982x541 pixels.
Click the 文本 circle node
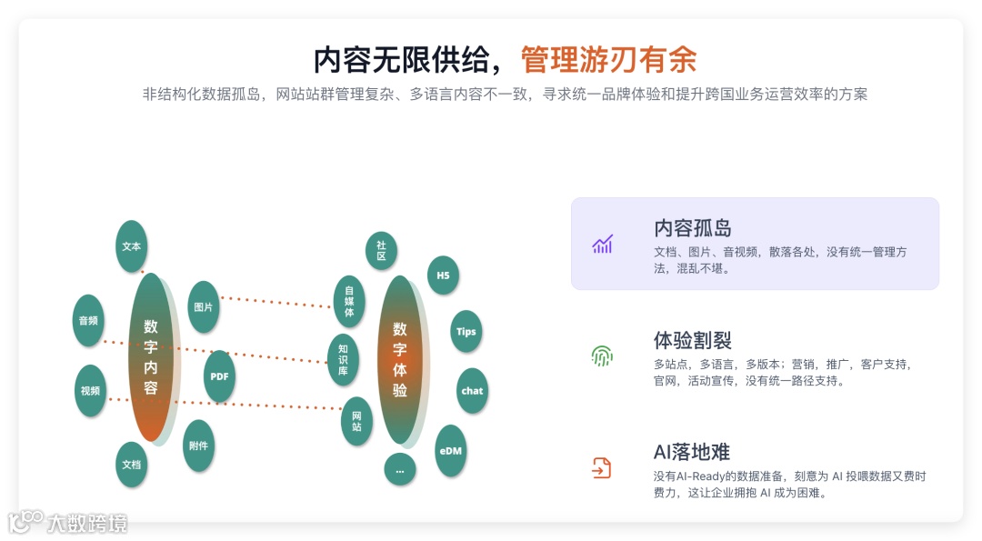pos(132,246)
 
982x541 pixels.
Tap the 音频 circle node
pos(88,321)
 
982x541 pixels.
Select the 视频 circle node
pos(90,391)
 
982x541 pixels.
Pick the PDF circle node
pos(219,376)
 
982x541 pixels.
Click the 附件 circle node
pos(198,446)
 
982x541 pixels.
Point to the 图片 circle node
pos(204,307)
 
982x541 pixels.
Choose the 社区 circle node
pos(381,251)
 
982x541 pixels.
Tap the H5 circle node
pos(443,275)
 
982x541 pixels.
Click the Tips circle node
pos(466,332)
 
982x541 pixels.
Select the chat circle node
pos(472,391)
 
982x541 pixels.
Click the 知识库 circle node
pos(343,359)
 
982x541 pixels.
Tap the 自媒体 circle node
pos(348,302)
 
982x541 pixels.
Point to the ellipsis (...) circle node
pos(399,469)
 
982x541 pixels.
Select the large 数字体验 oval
pos(400,360)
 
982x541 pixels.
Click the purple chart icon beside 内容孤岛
pos(602,244)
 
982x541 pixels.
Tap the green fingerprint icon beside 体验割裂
pos(602,356)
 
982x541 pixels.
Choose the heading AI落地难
pos(691,452)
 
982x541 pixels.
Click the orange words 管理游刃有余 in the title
pos(608,60)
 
